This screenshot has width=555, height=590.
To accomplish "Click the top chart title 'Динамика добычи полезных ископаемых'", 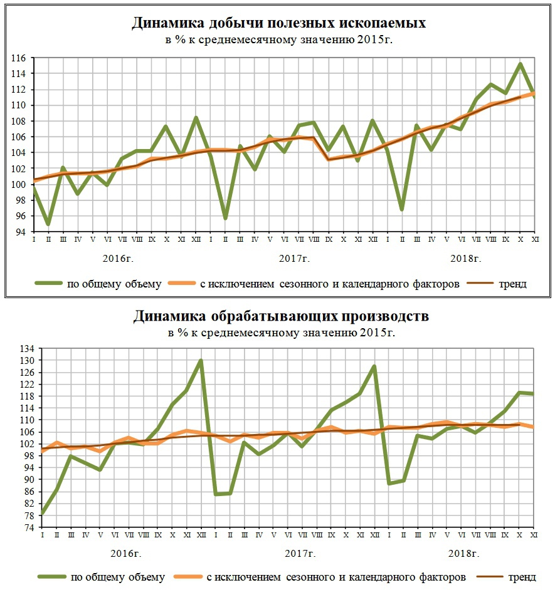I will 278,23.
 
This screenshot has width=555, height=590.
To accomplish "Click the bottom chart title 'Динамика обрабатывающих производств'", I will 281,316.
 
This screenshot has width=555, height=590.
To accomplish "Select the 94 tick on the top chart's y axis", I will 20,232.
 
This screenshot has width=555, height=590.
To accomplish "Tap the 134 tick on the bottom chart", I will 27,348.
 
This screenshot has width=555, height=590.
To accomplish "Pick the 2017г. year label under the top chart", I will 294,259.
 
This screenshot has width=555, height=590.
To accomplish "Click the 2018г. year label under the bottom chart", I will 464,554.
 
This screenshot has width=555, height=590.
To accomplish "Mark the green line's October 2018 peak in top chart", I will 520,64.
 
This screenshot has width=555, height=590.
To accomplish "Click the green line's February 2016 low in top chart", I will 48,224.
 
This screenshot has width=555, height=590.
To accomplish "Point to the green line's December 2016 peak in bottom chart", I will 201,361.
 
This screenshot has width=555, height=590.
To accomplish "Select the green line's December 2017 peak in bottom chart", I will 374,366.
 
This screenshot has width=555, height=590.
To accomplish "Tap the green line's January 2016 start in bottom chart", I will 42,514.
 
